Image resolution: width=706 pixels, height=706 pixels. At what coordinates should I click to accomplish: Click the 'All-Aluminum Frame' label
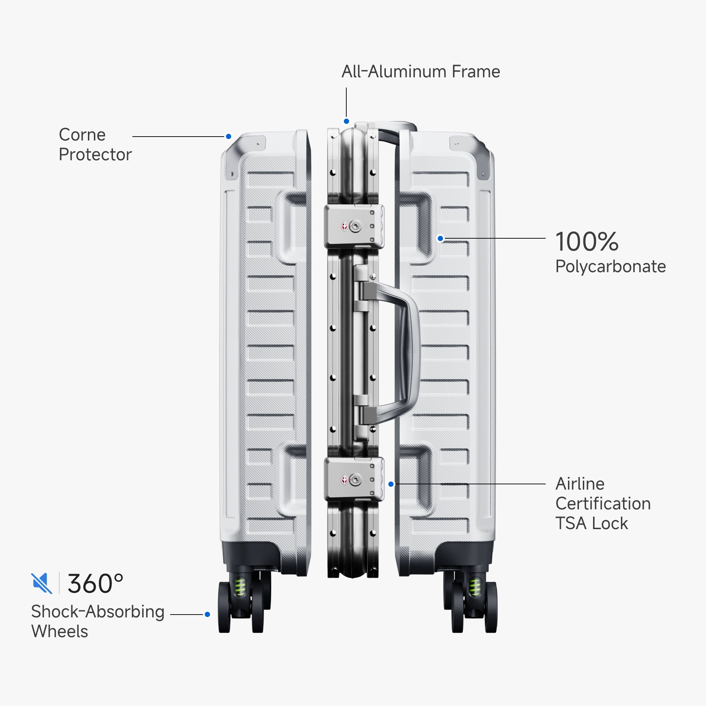(421, 72)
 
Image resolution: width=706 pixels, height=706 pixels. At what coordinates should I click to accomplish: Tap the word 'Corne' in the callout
(82, 135)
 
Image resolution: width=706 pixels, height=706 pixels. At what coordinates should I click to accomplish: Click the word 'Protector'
(95, 155)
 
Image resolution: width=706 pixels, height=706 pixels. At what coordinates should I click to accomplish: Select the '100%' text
(587, 241)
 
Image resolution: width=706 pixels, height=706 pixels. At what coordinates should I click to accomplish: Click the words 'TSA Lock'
(592, 523)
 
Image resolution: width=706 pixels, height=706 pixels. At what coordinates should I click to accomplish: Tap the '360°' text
(95, 584)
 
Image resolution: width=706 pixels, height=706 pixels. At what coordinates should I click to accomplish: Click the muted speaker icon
(42, 583)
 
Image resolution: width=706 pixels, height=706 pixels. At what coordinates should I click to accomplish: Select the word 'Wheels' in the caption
(60, 632)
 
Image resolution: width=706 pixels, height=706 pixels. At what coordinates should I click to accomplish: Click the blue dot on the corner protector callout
(228, 136)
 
